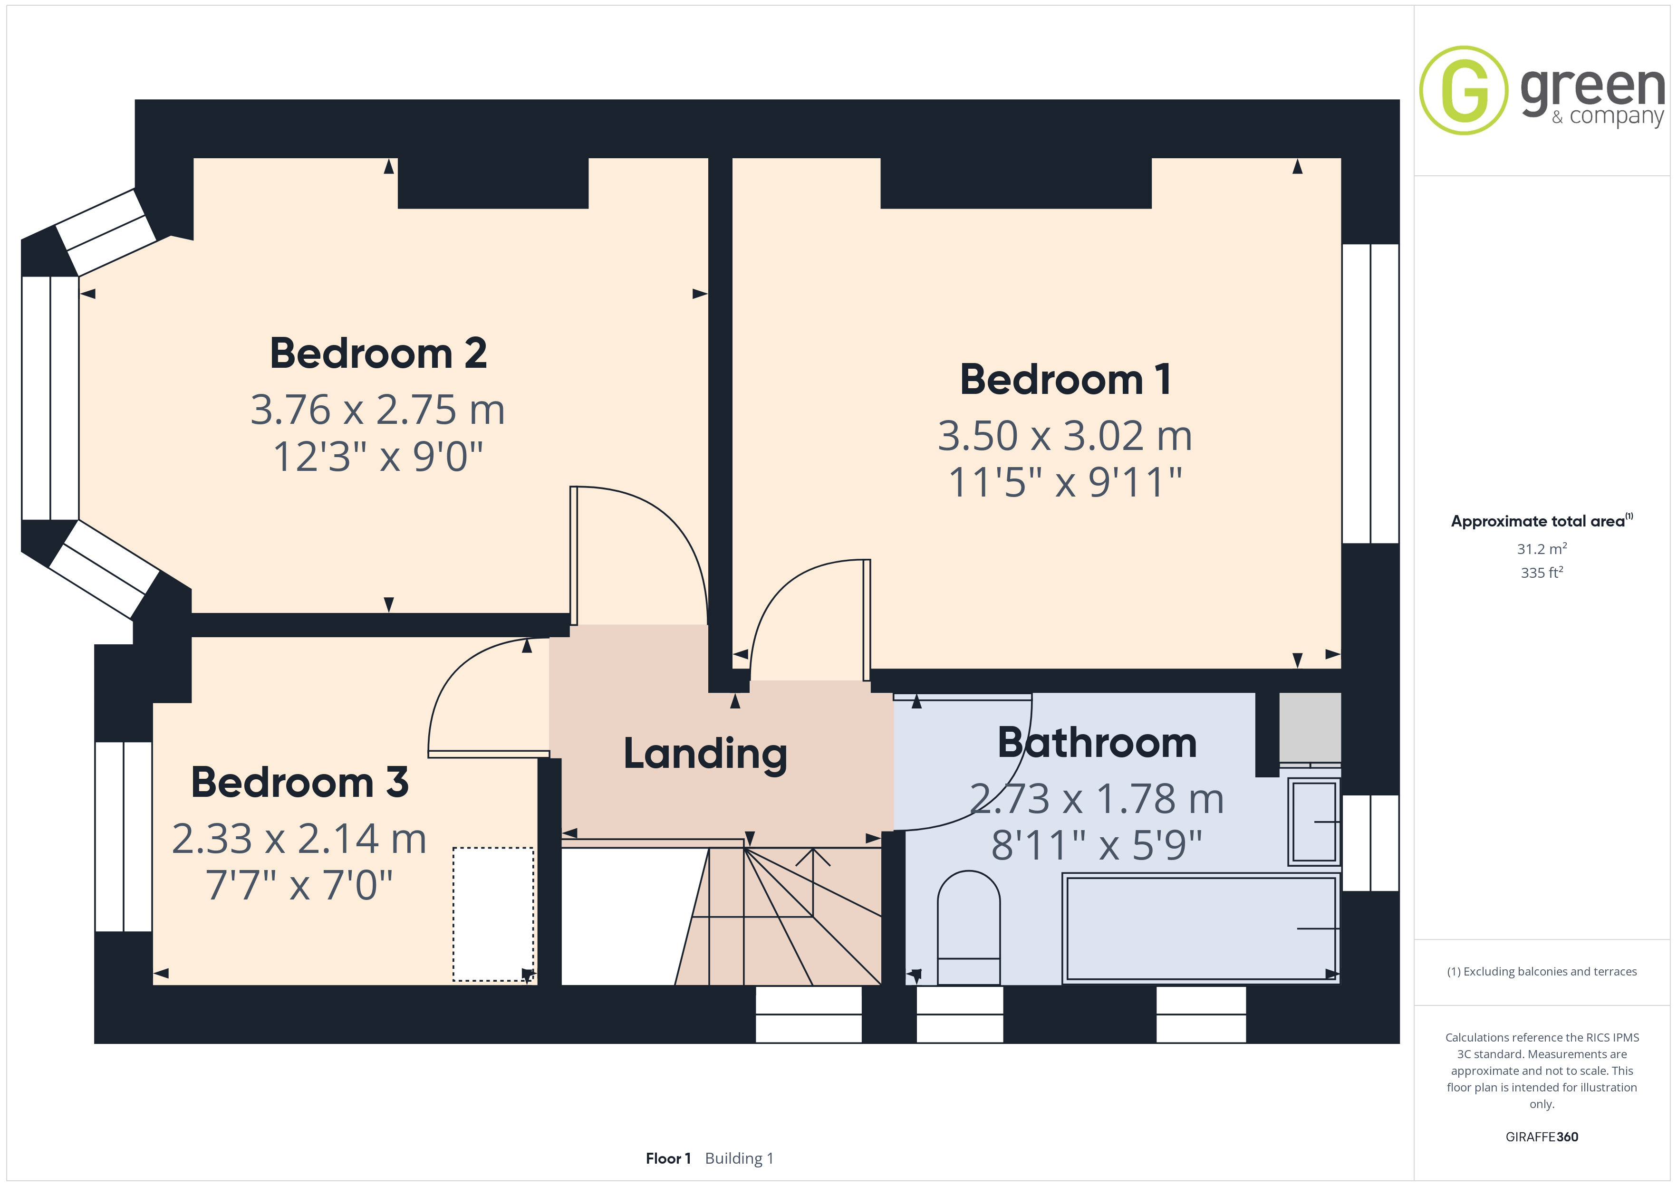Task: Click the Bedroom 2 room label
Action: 378,354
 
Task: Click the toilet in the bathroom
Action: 969,928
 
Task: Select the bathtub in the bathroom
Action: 1202,928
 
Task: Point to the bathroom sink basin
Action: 1314,822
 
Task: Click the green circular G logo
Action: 1464,91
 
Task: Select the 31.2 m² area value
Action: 1542,548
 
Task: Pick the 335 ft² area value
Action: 1542,573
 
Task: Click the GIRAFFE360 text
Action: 1542,1137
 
